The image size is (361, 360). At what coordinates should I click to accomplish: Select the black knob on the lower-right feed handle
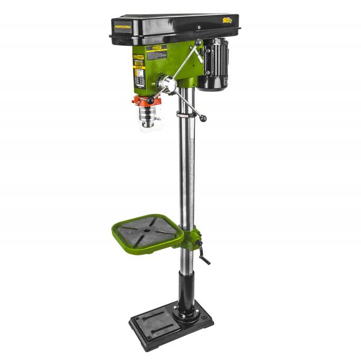pos(203,118)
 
